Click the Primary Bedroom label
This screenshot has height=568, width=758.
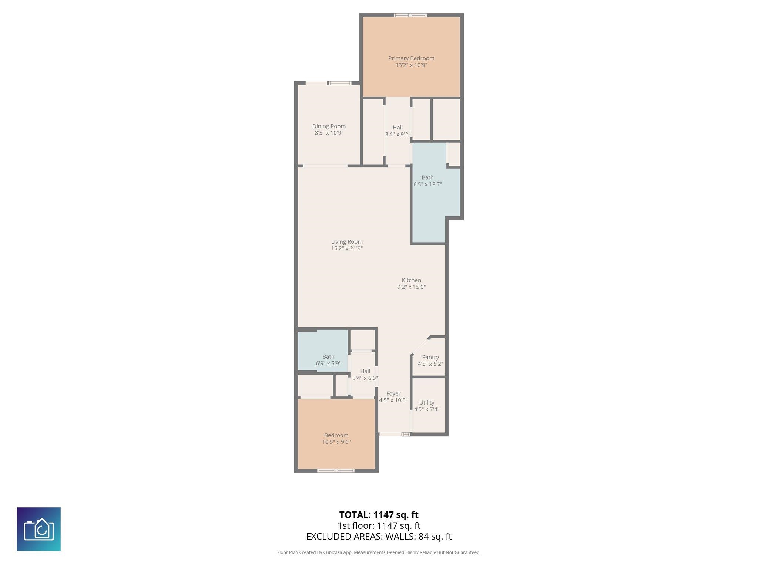pyautogui.click(x=411, y=58)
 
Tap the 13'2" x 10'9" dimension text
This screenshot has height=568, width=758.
pyautogui.click(x=411, y=65)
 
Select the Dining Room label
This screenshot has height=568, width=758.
pyautogui.click(x=329, y=126)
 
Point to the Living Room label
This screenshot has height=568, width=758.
pyautogui.click(x=346, y=241)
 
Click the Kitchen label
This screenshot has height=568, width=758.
pyautogui.click(x=411, y=280)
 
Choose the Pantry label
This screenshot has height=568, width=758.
pyautogui.click(x=430, y=357)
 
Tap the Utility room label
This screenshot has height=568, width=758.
pyautogui.click(x=426, y=402)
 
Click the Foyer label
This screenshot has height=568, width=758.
pyautogui.click(x=393, y=393)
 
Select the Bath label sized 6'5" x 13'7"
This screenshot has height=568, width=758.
pyautogui.click(x=427, y=177)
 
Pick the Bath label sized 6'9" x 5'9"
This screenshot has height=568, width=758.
pyautogui.click(x=328, y=356)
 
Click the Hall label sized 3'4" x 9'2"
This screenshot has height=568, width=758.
pyautogui.click(x=398, y=128)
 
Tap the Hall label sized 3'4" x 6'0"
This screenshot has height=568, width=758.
pyautogui.click(x=365, y=371)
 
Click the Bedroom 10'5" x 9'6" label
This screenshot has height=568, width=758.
pyautogui.click(x=336, y=435)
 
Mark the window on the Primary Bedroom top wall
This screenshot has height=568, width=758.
pyautogui.click(x=410, y=15)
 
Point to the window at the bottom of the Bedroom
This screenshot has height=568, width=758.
pyautogui.click(x=336, y=470)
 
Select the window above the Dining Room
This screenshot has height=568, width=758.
pyautogui.click(x=340, y=83)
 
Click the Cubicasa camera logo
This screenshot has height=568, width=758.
pyautogui.click(x=39, y=529)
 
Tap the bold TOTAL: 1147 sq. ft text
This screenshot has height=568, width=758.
pyautogui.click(x=379, y=514)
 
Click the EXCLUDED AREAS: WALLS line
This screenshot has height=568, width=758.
pyautogui.click(x=379, y=536)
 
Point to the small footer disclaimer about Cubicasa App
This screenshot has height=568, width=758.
pyautogui.click(x=379, y=552)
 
